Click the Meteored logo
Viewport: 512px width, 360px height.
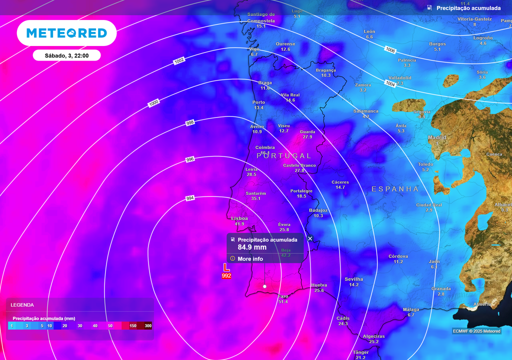(66, 33)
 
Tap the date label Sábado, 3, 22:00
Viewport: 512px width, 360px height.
(66, 55)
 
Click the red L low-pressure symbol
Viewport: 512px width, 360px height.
(226, 267)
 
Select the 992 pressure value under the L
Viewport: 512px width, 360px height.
(226, 275)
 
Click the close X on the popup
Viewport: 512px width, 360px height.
(310, 238)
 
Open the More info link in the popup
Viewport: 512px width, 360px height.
(250, 259)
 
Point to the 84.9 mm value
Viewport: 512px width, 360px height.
(252, 247)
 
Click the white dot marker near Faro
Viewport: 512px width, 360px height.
(264, 286)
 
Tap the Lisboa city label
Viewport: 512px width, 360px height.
(239, 218)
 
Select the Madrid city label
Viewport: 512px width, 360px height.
(437, 137)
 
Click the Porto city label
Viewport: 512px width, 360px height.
(258, 102)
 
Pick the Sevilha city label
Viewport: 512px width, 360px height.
(354, 279)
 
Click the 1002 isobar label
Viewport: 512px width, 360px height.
(179, 61)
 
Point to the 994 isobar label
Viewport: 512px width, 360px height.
(190, 198)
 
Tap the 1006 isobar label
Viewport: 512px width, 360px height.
(390, 49)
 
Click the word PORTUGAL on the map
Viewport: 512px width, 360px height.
(284, 156)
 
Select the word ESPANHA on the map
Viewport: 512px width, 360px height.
(395, 189)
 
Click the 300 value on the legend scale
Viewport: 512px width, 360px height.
(148, 326)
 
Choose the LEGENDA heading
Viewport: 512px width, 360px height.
(22, 304)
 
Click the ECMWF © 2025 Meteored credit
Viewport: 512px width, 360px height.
(476, 331)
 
